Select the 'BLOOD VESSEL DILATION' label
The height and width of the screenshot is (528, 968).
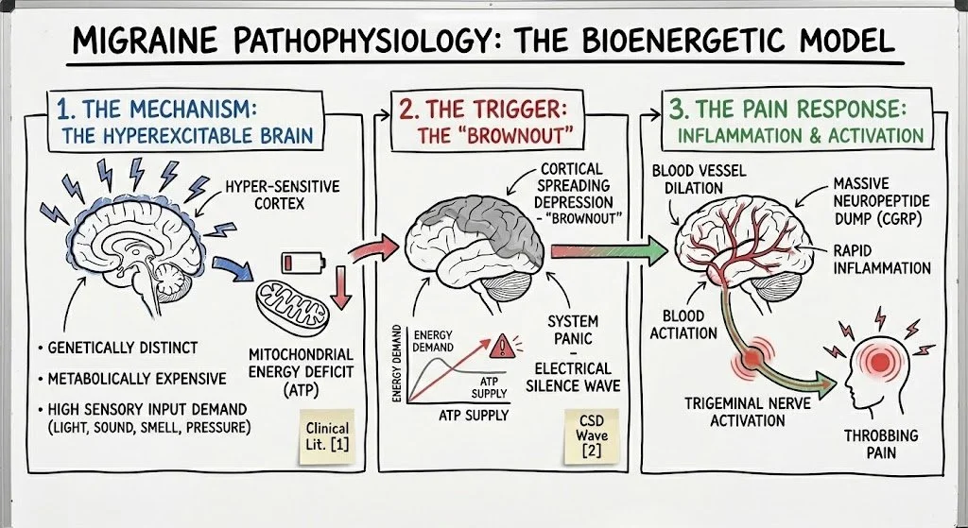click(698, 179)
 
